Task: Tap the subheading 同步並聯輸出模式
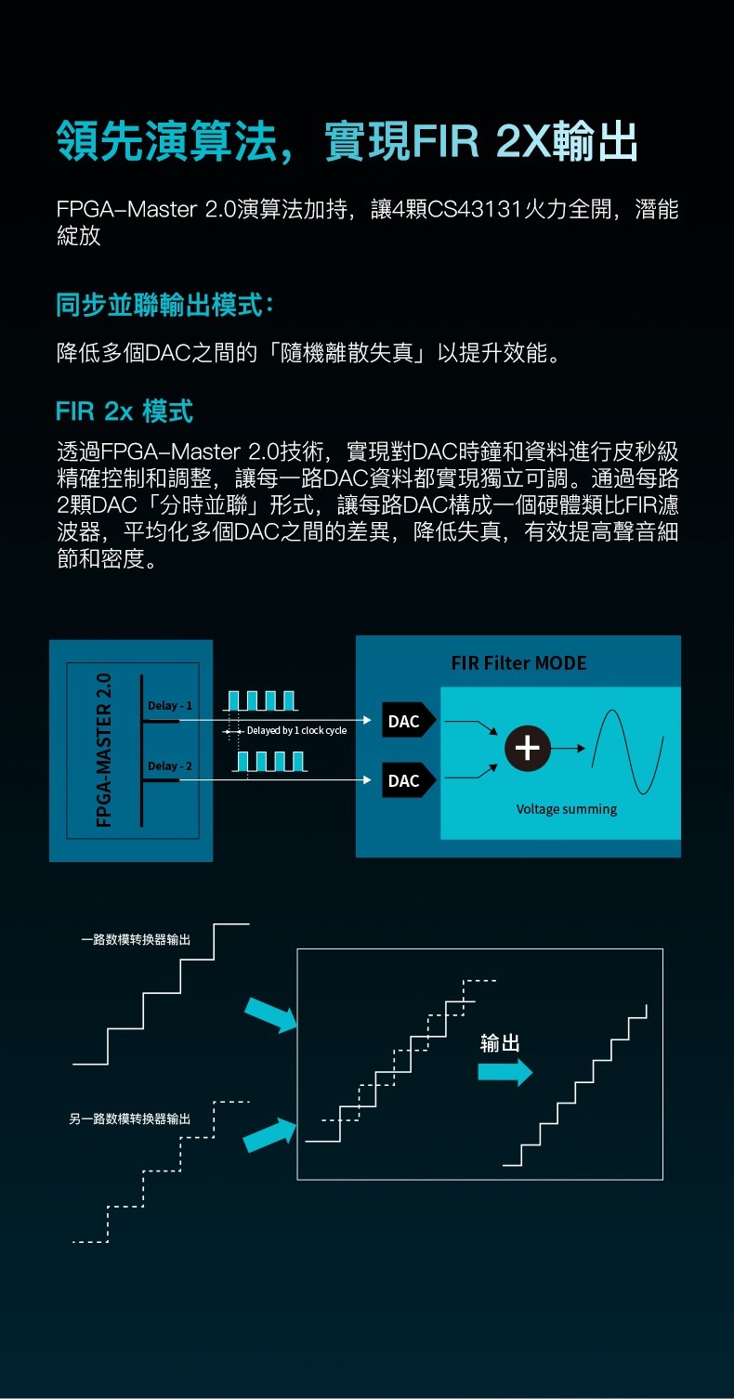point(164,304)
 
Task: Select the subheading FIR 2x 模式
point(124,410)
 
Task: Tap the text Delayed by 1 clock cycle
point(295,731)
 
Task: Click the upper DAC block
point(405,721)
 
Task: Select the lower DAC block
point(405,781)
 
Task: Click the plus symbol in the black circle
point(527,749)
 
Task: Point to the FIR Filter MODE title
point(518,663)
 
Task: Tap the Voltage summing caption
point(567,809)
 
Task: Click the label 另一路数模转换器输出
point(130,1118)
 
